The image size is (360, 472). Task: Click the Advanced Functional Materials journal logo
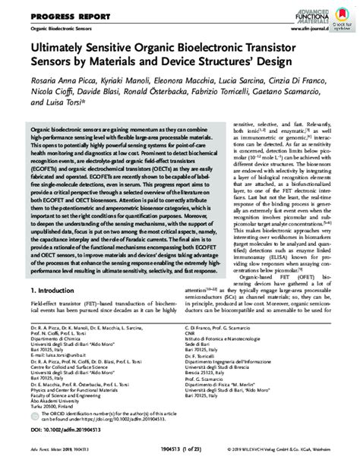point(308,12)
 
